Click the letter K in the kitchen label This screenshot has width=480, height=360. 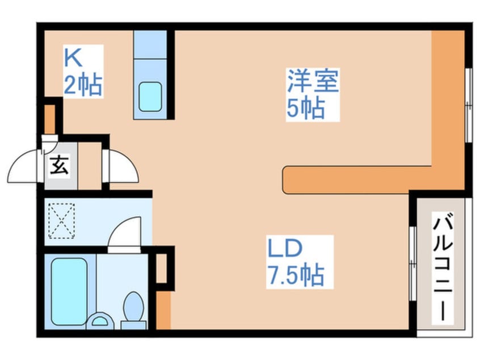tap(72, 58)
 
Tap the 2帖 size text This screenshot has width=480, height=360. tap(83, 85)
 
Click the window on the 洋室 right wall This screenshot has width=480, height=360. tap(468, 105)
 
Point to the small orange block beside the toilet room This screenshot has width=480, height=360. tap(163, 311)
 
